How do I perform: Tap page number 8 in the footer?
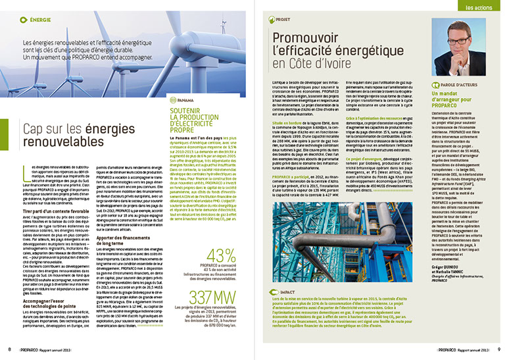[9, 349]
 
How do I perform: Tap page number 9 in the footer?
[500, 349]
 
